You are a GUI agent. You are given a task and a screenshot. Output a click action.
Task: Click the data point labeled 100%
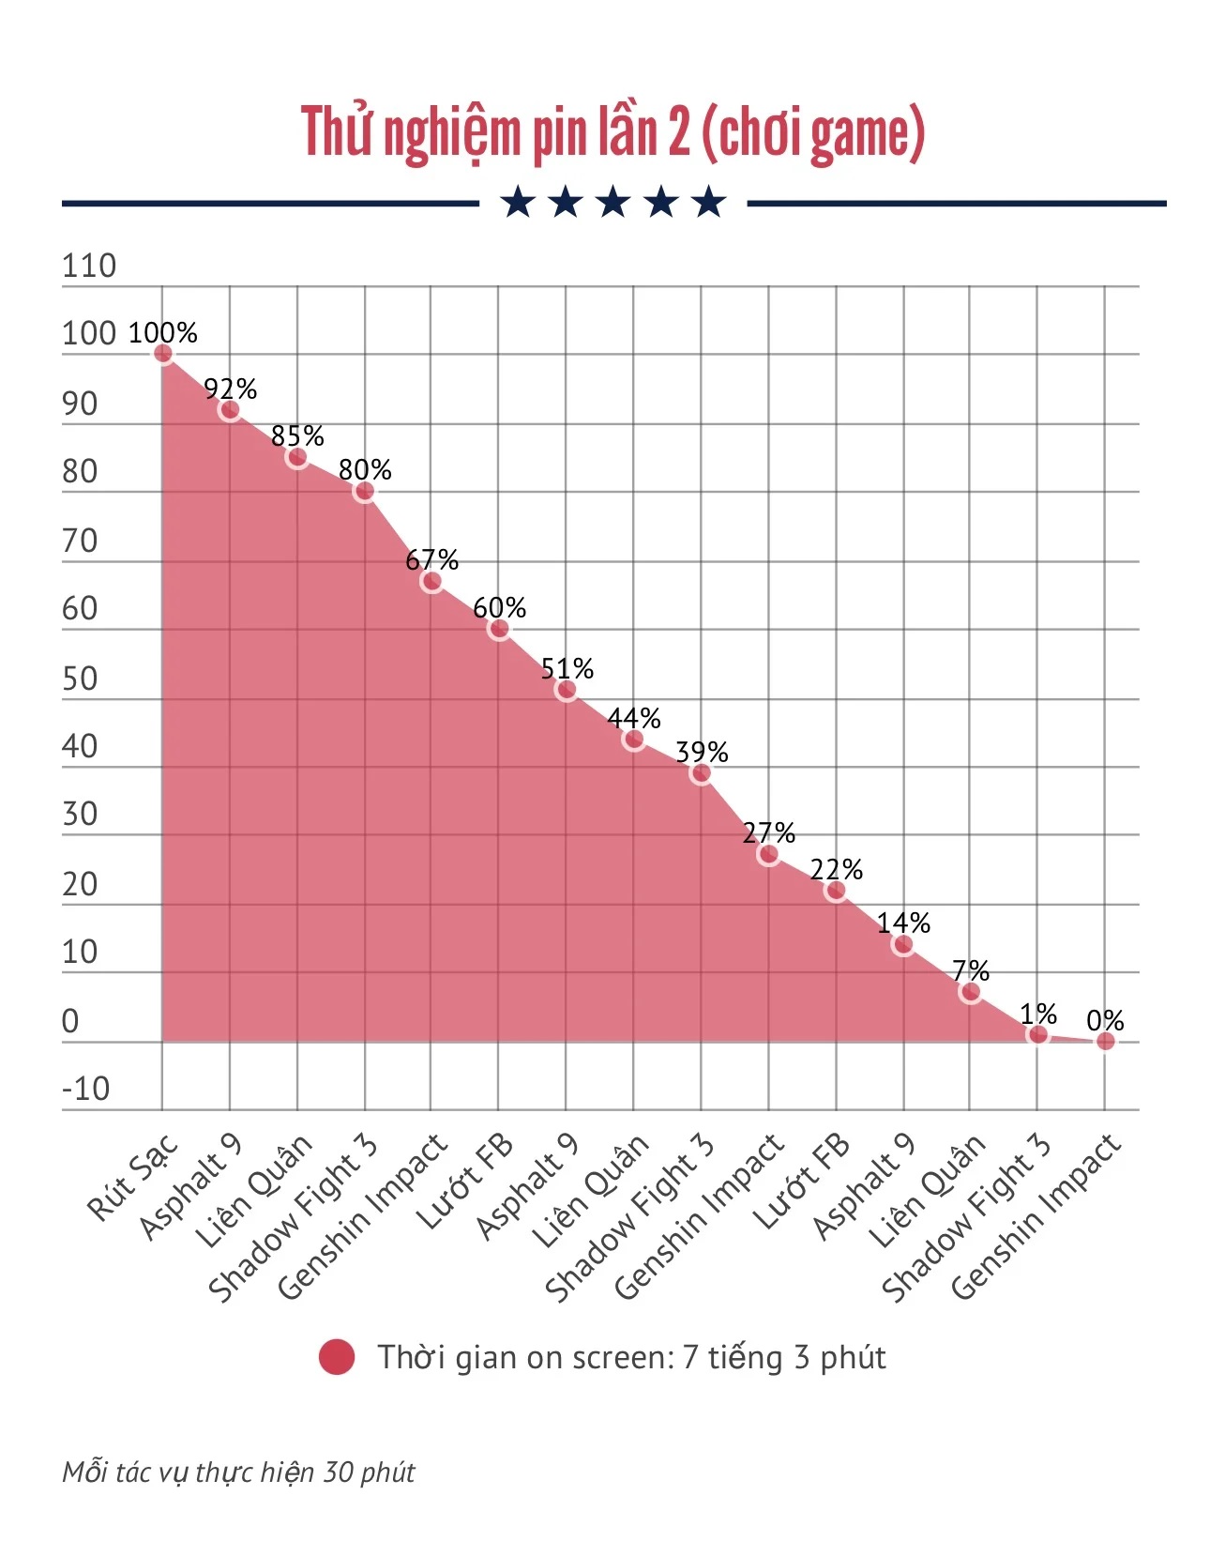tap(163, 354)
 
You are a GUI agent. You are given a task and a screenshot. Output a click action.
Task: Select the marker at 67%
tap(431, 582)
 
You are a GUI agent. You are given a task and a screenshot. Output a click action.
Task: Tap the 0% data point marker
tap(1106, 1041)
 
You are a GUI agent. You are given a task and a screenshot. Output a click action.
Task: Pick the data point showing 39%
tap(701, 773)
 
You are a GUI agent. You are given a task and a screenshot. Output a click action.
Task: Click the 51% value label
tap(567, 669)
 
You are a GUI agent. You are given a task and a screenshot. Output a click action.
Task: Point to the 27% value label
tap(768, 832)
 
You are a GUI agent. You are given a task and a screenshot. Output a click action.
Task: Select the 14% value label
tap(903, 923)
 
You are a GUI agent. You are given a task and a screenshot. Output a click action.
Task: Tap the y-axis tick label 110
tap(89, 267)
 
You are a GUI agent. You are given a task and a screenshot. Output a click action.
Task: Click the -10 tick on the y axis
tap(85, 1090)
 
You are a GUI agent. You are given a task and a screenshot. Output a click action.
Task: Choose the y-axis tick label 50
tap(80, 679)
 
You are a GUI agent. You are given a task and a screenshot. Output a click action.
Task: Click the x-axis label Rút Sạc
tap(132, 1177)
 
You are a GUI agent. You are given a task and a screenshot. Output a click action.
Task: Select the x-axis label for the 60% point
tap(465, 1182)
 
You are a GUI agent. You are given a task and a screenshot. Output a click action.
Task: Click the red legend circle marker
tap(337, 1357)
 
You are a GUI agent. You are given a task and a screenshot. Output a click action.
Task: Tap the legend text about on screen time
tap(631, 1357)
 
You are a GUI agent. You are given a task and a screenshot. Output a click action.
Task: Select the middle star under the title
tap(613, 203)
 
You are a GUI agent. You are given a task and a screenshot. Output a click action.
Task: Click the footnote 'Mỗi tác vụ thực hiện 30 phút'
tap(238, 1472)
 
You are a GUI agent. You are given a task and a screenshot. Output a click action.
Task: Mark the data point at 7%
tap(971, 992)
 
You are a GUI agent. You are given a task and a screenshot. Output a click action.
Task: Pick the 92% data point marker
tap(230, 410)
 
